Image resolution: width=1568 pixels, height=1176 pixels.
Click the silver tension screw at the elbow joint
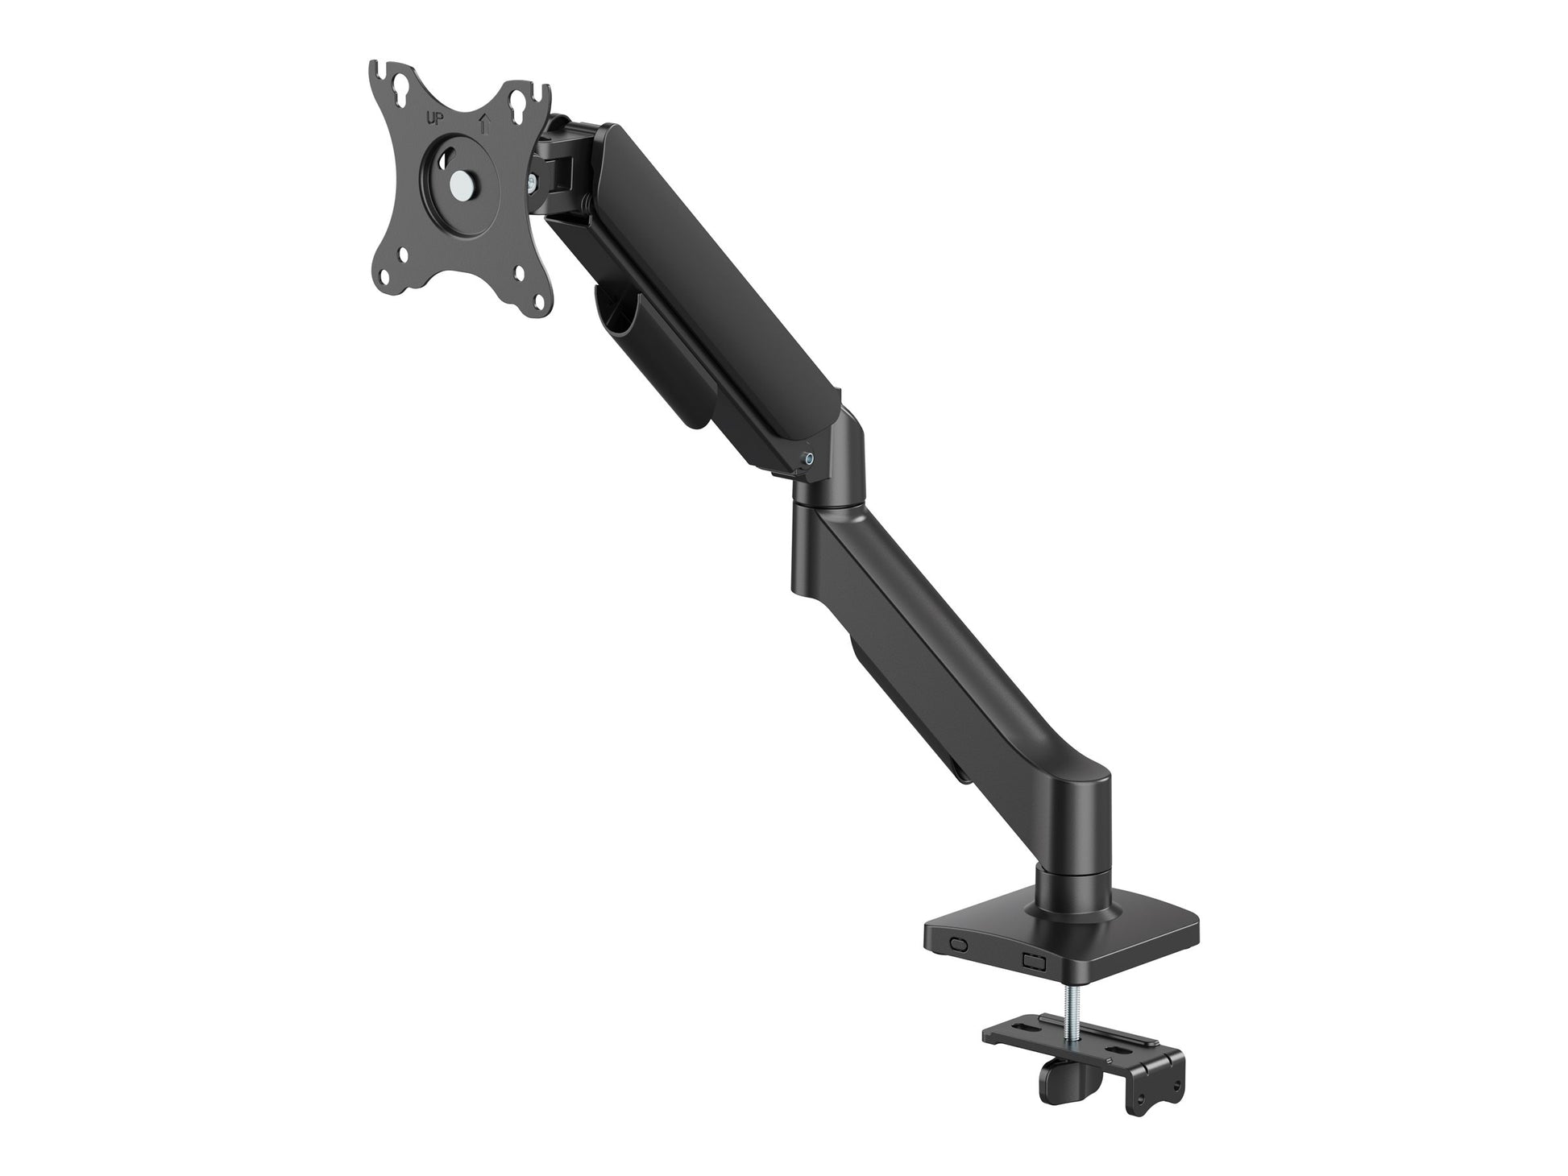(809, 460)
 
